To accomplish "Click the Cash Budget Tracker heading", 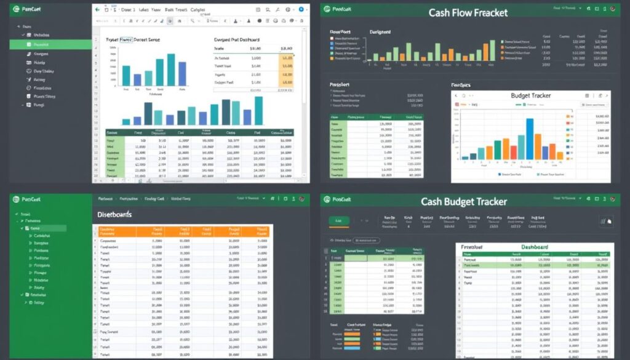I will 464,202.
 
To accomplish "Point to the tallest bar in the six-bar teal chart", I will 172,70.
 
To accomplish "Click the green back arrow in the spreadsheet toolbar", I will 97,10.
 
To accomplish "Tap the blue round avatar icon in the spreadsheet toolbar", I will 301,10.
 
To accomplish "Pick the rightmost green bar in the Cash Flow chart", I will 492,50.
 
